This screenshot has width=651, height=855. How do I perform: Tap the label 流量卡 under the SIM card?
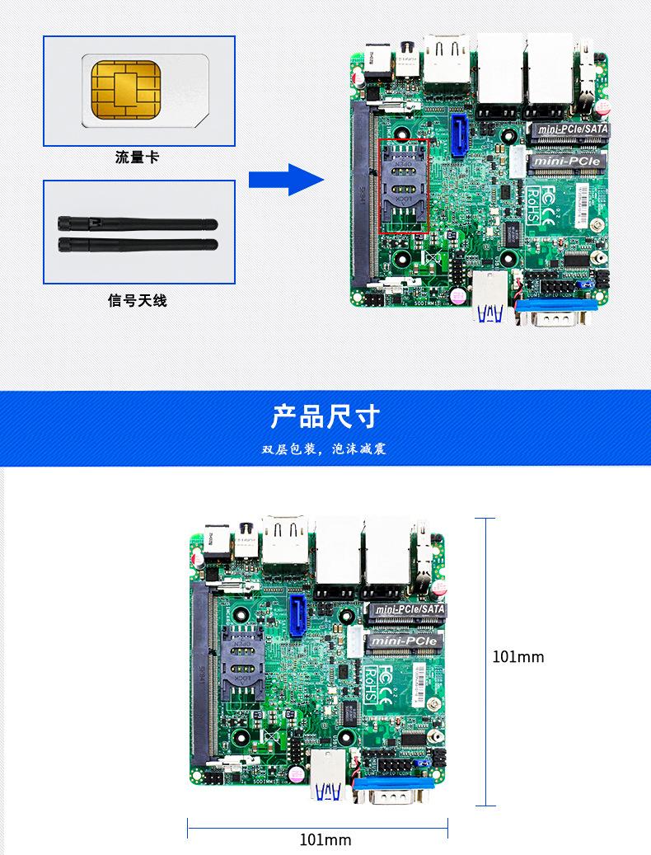point(138,157)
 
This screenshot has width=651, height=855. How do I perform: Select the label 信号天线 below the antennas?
point(138,301)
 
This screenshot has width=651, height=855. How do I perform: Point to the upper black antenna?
point(137,224)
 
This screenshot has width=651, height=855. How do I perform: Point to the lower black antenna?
point(137,243)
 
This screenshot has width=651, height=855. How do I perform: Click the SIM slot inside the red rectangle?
point(403,187)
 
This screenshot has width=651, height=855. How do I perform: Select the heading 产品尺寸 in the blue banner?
point(325,416)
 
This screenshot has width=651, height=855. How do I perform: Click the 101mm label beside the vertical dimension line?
point(518,657)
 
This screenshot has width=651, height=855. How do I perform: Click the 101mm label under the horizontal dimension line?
point(325,839)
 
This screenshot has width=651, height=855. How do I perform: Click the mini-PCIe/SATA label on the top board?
point(569,129)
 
